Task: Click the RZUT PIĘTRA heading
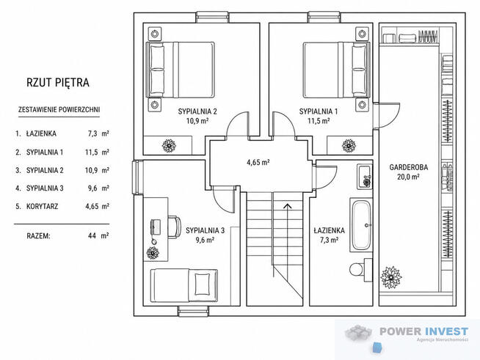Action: click(58, 83)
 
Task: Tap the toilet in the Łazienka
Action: click(360, 270)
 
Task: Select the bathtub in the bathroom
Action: click(361, 224)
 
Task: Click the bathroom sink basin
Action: click(365, 177)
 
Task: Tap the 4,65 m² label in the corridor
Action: click(258, 162)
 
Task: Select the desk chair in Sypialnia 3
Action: click(174, 227)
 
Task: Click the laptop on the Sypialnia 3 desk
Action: click(156, 227)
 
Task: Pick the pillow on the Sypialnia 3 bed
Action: click(203, 284)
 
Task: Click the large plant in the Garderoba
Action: click(391, 277)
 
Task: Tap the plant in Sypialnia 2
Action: click(169, 146)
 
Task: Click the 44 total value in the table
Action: click(92, 235)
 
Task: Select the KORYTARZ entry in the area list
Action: click(43, 206)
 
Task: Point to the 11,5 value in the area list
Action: click(91, 152)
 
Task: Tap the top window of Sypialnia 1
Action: click(324, 17)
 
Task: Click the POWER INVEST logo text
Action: click(423, 331)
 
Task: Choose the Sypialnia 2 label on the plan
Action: click(197, 111)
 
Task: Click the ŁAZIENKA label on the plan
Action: click(329, 230)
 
